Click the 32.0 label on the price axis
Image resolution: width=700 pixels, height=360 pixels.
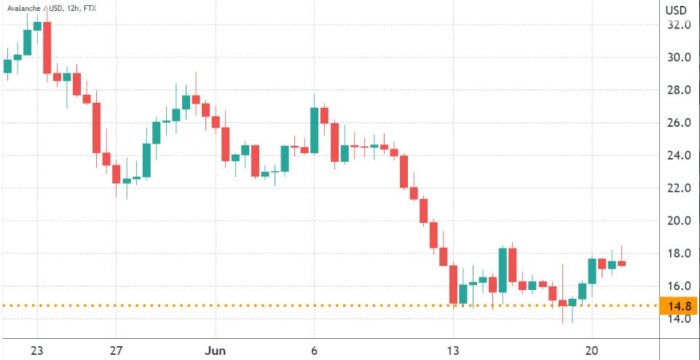678,25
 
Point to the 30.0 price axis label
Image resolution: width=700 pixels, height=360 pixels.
678,58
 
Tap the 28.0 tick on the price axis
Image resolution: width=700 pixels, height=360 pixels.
678,90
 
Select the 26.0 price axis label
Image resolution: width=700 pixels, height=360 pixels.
678,123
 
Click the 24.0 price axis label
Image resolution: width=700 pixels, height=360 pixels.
678,156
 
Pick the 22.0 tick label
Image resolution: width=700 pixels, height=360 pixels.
678,188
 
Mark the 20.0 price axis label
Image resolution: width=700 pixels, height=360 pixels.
678,221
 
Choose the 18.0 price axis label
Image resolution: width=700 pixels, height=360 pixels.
678,254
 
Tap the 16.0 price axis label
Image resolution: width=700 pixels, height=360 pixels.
678,286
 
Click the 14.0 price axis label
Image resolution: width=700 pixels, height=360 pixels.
678,319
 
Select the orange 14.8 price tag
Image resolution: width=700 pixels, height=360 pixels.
678,305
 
